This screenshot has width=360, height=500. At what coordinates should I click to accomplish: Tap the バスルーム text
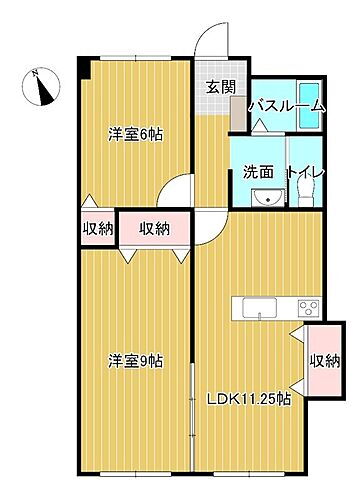[286, 105]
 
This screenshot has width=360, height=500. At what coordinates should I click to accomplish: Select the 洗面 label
[259, 172]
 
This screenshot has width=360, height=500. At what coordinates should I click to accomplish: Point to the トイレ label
[304, 172]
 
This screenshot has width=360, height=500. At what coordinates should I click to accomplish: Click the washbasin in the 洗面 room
[264, 196]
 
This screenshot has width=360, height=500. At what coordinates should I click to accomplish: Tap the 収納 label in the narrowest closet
[99, 229]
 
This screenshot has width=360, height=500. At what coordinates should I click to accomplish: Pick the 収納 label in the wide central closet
[153, 229]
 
